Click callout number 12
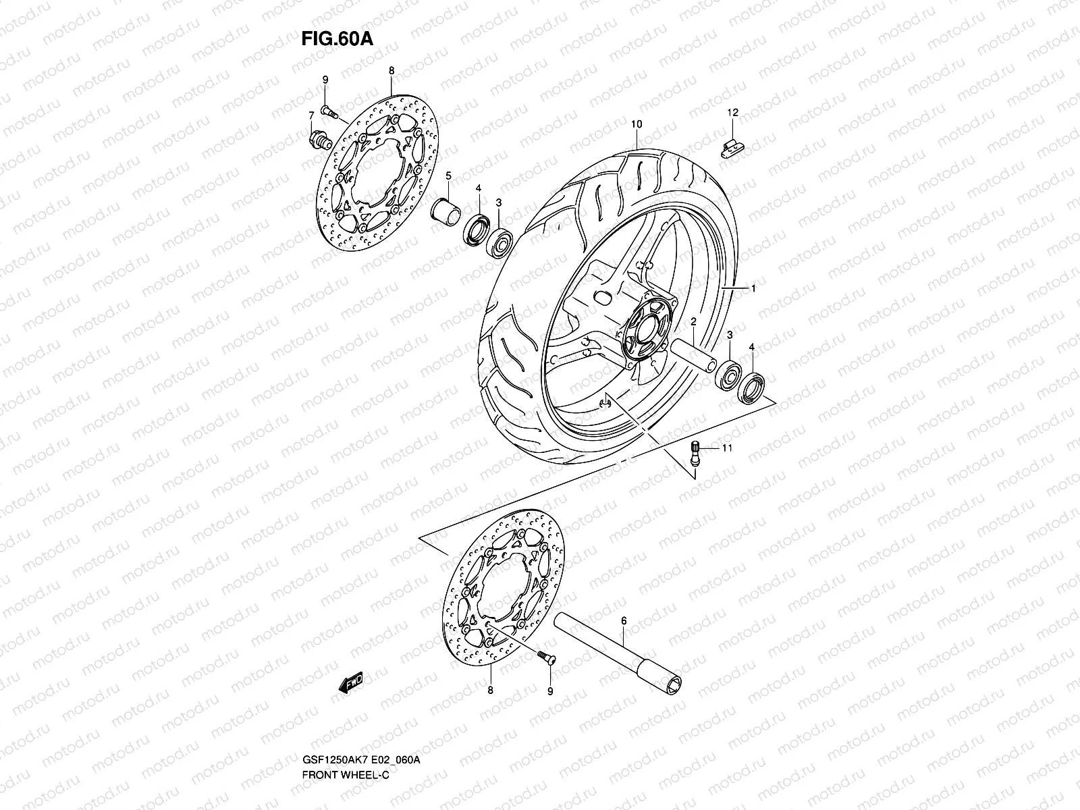tap(732, 112)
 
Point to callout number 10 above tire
tap(636, 124)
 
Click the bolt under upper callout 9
tap(328, 108)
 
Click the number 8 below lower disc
tap(490, 691)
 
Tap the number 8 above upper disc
tap(391, 70)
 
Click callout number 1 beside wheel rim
tap(753, 289)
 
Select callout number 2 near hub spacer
tap(693, 323)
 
